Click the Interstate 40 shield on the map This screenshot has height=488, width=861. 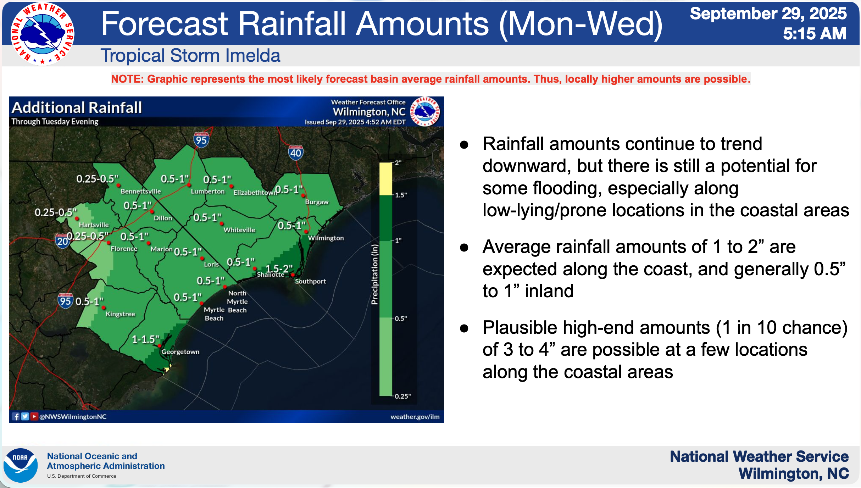295,152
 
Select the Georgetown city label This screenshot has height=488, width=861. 180,352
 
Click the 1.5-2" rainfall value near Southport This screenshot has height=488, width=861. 279,268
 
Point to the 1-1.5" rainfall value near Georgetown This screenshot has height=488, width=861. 145,339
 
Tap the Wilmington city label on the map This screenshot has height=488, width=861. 326,238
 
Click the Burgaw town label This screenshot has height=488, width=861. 317,202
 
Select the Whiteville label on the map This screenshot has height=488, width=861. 239,230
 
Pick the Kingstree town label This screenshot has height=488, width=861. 120,314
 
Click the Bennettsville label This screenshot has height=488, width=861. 141,192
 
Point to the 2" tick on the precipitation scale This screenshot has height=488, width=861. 398,163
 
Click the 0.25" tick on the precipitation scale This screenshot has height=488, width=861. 402,396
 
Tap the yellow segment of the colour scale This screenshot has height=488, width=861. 385,179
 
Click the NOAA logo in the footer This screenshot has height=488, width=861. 20,465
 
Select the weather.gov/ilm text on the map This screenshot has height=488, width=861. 415,417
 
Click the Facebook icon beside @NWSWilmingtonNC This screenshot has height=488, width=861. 16,416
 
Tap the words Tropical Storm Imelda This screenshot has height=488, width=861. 190,56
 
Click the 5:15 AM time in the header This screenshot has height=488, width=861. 815,34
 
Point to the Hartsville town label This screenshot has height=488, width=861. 94,225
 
